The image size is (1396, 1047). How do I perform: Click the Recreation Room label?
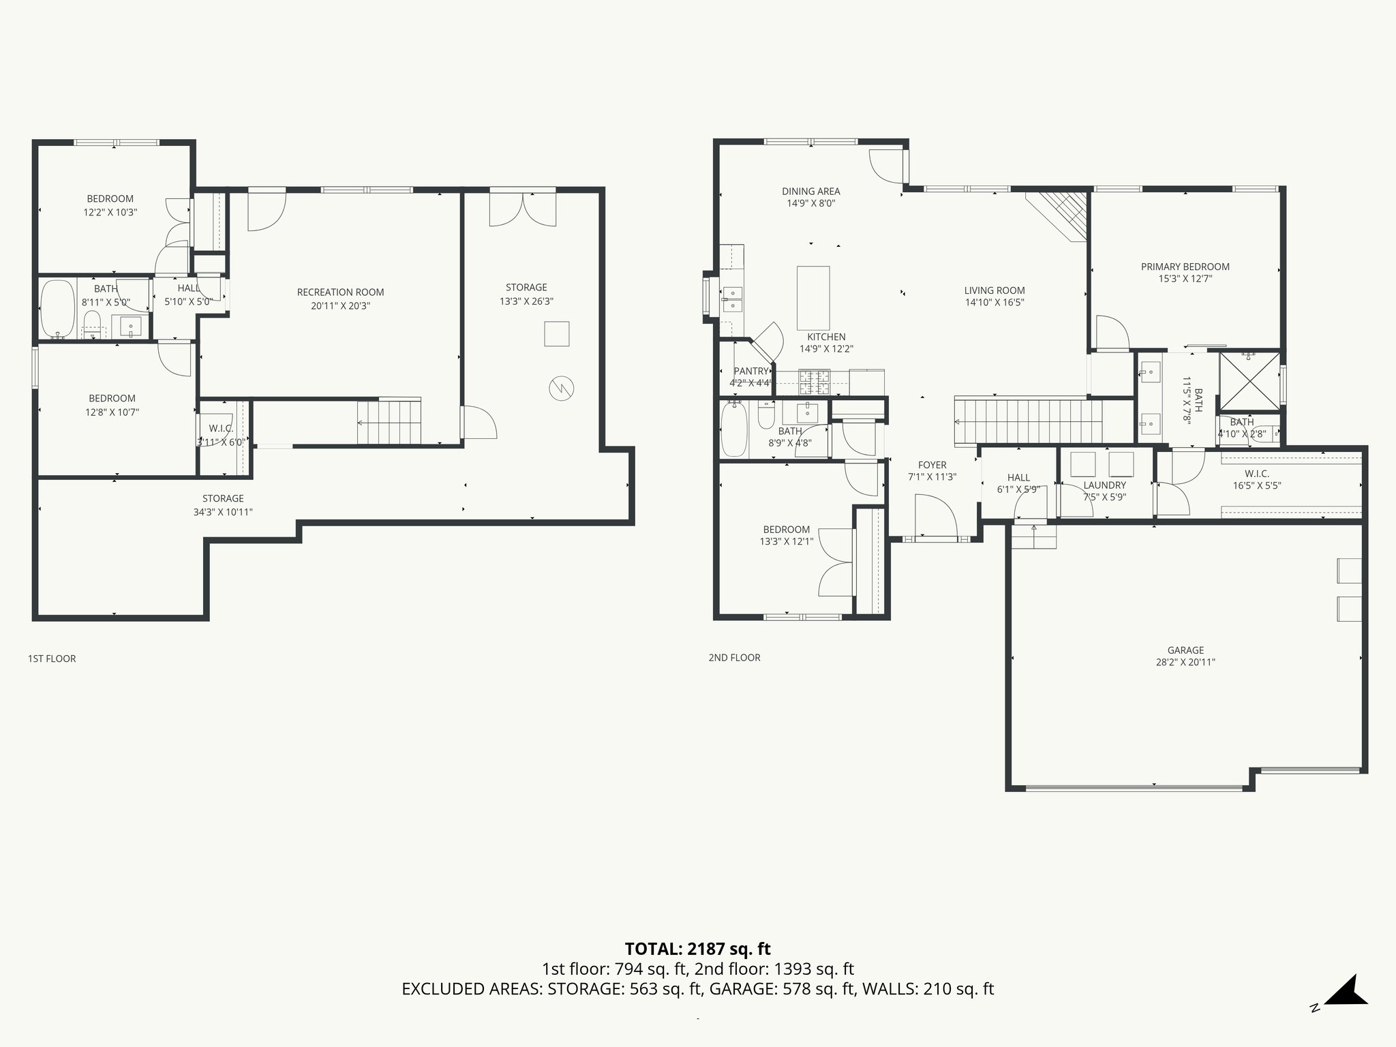[340, 292]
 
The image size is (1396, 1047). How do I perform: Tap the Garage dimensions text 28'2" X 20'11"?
[1185, 662]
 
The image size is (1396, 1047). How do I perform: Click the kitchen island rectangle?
[813, 298]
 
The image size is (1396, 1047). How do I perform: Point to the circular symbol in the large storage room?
[561, 389]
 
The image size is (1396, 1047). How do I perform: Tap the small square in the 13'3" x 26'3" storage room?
[556, 334]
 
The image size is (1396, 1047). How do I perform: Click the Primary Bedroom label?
[1185, 267]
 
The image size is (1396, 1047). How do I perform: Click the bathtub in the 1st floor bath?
[57, 309]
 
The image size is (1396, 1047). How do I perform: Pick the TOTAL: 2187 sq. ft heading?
[697, 949]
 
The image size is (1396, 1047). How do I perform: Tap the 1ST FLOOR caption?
[52, 658]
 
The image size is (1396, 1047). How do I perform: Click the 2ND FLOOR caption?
[734, 658]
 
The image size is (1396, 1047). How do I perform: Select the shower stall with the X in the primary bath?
[1249, 381]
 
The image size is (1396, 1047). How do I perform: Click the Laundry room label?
[1104, 485]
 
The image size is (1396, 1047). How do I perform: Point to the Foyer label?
[932, 465]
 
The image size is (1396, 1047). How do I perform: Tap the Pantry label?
[751, 371]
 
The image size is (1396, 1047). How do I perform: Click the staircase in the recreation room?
[390, 422]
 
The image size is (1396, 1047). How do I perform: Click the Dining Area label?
[810, 192]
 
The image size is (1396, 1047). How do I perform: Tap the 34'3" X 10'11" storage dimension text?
[223, 512]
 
